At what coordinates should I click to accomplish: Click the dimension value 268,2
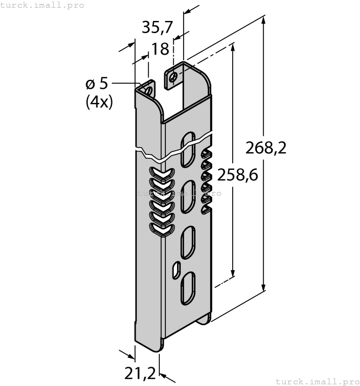pos(267,148)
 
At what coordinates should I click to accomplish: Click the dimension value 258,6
pos(238,175)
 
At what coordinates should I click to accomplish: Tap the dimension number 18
pos(160,49)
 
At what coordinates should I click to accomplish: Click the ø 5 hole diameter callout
pos(97,84)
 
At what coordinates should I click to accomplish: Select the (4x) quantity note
pos(99,102)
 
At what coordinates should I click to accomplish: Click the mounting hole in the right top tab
pos(173,77)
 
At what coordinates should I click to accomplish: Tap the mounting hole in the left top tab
pos(148,88)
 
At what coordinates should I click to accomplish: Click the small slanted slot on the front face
pos(176,269)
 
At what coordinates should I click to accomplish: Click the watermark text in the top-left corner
pos(42,5)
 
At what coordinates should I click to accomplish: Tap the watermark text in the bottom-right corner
pos(316,381)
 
